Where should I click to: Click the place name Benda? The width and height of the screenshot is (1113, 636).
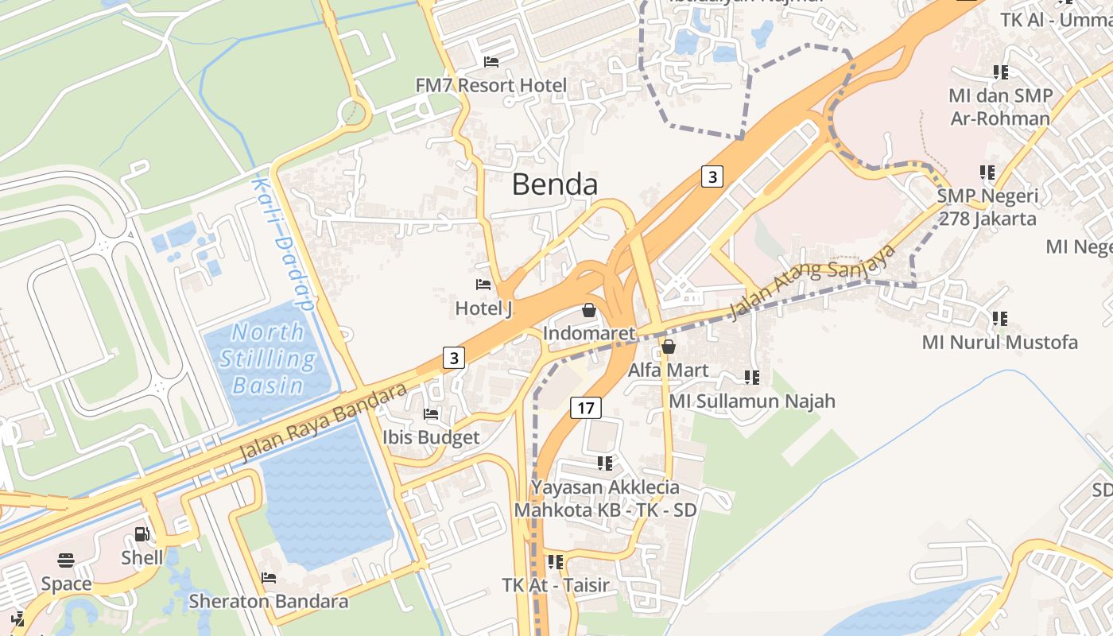pyautogui.click(x=554, y=184)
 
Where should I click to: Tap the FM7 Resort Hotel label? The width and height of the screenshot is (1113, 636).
pyautogui.click(x=491, y=85)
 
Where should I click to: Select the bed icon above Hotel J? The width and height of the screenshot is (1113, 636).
pyautogui.click(x=483, y=285)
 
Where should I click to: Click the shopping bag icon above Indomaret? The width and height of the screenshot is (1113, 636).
pyautogui.click(x=589, y=310)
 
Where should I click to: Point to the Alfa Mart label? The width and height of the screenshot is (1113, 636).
pyautogui.click(x=669, y=370)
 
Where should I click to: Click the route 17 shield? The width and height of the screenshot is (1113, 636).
pyautogui.click(x=585, y=409)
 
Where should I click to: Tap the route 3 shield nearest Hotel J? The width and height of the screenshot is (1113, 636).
pyautogui.click(x=453, y=358)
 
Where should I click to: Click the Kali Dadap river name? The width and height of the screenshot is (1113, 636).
pyautogui.click(x=282, y=243)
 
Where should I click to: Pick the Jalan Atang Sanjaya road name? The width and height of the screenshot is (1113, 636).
pyautogui.click(x=812, y=280)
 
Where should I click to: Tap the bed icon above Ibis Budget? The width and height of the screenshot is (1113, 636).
pyautogui.click(x=431, y=414)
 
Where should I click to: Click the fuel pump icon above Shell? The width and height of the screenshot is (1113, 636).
pyautogui.click(x=142, y=535)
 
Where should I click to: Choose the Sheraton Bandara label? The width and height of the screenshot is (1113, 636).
pyautogui.click(x=268, y=601)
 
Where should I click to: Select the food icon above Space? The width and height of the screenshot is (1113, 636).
pyautogui.click(x=66, y=560)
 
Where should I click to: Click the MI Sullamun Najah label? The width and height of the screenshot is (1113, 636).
pyautogui.click(x=751, y=401)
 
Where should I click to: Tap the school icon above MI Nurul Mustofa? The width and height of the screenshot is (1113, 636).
pyautogui.click(x=1000, y=319)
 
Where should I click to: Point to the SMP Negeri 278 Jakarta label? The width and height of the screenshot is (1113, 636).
pyautogui.click(x=987, y=207)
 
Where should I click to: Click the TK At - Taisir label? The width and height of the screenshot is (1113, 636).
pyautogui.click(x=556, y=585)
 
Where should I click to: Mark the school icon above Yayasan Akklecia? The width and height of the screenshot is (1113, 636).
pyautogui.click(x=605, y=463)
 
